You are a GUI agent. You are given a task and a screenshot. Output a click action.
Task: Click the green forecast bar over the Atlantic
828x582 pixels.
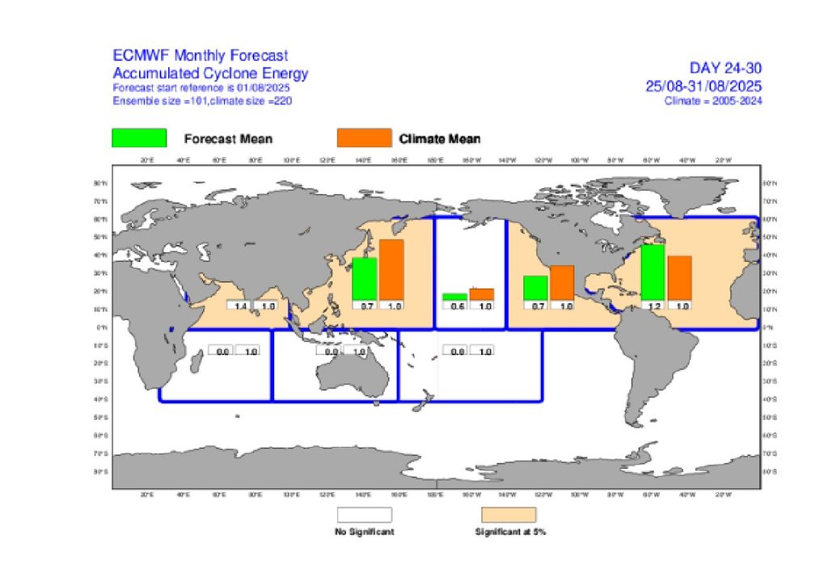(x=653, y=272)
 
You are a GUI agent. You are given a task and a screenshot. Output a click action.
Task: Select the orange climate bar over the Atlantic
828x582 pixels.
(x=679, y=277)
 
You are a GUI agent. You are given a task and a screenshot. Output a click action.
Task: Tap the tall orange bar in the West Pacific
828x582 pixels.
(x=391, y=269)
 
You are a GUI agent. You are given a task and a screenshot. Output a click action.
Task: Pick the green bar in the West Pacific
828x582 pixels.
(x=365, y=278)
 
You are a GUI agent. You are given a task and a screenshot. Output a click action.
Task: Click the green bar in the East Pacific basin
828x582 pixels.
(x=535, y=287)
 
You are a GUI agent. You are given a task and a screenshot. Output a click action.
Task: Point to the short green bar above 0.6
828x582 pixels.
(x=454, y=297)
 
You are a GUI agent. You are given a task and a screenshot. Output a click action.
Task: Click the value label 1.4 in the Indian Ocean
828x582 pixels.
(x=239, y=306)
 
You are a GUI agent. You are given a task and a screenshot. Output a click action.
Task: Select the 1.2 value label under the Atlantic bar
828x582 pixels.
(x=653, y=306)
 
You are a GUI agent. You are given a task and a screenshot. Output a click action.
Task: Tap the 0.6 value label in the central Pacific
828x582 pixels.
(x=457, y=306)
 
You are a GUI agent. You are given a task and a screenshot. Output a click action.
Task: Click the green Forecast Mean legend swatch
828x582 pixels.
(x=139, y=138)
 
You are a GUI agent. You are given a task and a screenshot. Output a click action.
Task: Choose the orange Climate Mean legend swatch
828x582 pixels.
(x=363, y=138)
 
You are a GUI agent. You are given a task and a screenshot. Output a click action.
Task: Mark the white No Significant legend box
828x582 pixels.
(x=364, y=515)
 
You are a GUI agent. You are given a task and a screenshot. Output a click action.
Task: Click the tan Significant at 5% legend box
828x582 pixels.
(x=509, y=515)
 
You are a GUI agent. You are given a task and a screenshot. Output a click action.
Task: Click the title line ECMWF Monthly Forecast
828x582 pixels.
(x=200, y=56)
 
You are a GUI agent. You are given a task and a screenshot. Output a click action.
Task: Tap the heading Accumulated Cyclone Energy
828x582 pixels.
(x=210, y=74)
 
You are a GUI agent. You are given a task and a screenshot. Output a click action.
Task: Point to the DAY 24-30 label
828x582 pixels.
(x=725, y=68)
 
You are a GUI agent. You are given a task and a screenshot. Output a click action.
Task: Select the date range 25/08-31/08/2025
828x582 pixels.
(x=703, y=86)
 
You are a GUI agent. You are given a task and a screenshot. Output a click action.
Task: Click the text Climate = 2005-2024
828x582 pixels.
(x=713, y=101)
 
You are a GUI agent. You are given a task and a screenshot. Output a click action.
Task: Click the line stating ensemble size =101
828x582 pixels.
(x=202, y=101)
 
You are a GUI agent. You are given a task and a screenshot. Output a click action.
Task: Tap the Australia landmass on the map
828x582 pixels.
(x=351, y=373)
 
